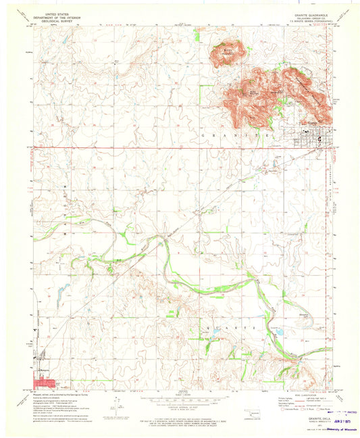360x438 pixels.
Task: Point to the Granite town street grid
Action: [x=315, y=132]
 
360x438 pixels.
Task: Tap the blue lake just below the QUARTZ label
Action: [x=276, y=332]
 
